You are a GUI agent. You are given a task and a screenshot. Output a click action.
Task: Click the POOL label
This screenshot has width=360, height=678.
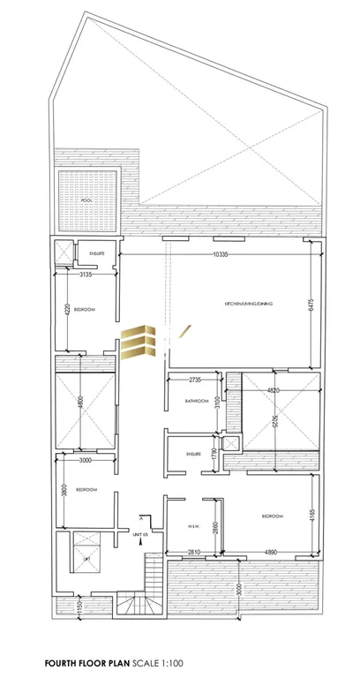pyautogui.click(x=86, y=200)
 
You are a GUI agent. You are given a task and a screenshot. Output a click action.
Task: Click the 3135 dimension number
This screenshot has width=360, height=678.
pyautogui.click(x=85, y=275)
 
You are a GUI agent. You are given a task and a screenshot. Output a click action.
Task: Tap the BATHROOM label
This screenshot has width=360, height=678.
pyautogui.click(x=196, y=401)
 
